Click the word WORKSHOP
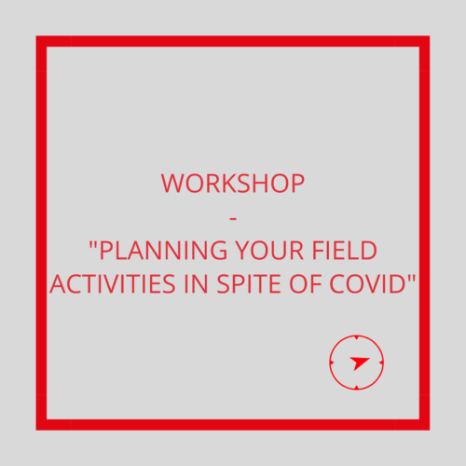[233, 184]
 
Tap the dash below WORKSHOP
[233, 219]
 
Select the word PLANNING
[163, 250]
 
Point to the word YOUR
[269, 250]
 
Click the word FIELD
[344, 250]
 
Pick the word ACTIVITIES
[113, 283]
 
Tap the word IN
[196, 283]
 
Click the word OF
[305, 283]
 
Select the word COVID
[367, 283]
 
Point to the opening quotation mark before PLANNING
[92, 244]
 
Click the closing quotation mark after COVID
[411, 278]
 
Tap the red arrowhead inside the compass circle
[359, 363]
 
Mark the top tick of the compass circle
[357, 337]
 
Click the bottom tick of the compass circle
[357, 388]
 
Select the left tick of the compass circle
[332, 363]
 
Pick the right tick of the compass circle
[381, 363]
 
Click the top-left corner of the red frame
[36, 36]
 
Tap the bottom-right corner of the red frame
[430, 430]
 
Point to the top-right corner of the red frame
[430, 36]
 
